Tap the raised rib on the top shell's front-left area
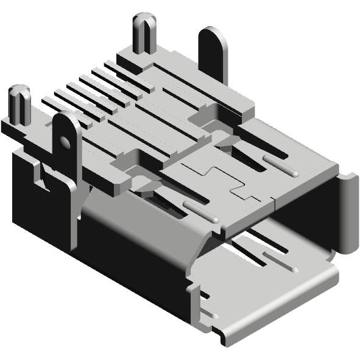coord(200,210)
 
